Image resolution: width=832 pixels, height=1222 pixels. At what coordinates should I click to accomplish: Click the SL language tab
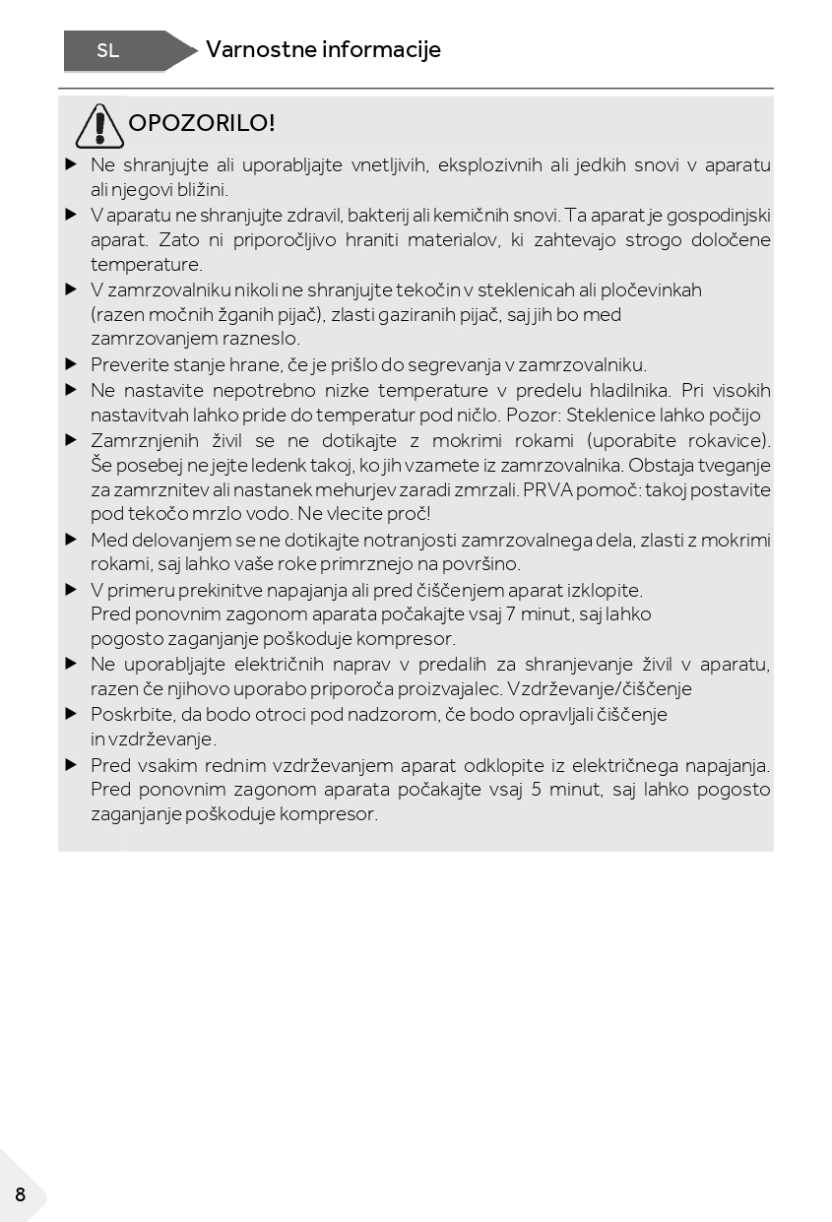point(108,51)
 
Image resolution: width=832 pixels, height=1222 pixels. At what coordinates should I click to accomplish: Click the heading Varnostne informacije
point(323,49)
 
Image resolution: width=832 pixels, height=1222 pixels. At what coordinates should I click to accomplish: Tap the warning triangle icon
point(99,125)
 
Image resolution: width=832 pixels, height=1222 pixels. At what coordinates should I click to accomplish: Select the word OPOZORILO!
point(202,123)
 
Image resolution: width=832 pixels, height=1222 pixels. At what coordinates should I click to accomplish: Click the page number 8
point(20,1195)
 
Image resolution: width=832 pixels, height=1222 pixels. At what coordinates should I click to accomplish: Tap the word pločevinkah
point(648,290)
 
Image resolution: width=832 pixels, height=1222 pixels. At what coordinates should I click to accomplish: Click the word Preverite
point(131,365)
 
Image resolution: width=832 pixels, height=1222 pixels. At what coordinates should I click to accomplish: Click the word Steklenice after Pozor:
point(611,415)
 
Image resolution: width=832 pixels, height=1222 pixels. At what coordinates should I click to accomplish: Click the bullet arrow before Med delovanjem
point(71,540)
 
